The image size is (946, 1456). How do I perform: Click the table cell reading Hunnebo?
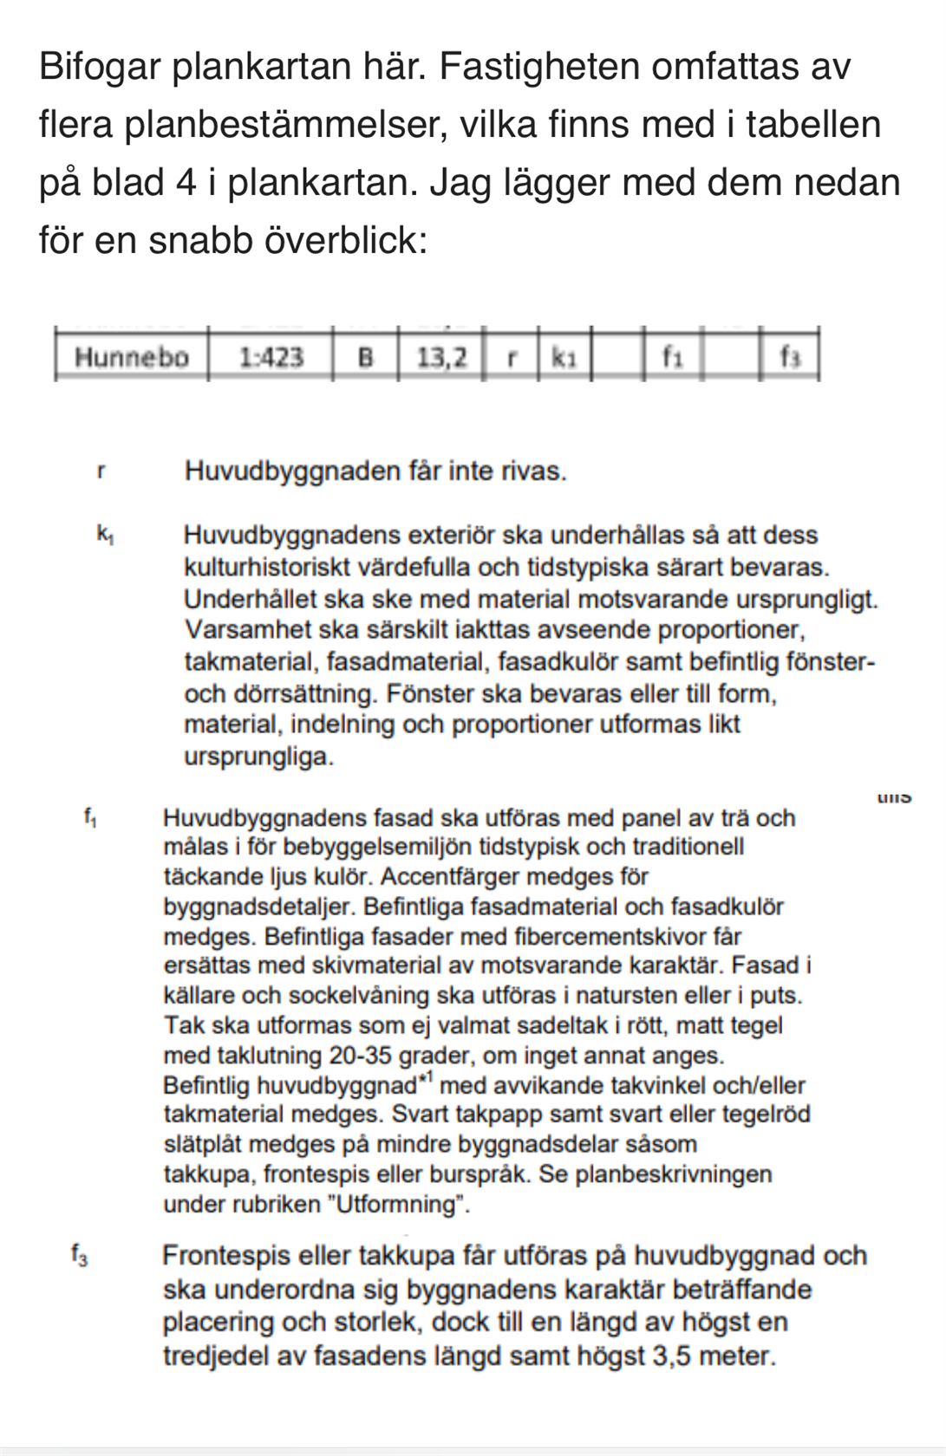pos(131,357)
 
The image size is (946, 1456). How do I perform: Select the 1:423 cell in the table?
pos(271,357)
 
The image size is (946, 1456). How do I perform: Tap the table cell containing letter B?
pos(365,357)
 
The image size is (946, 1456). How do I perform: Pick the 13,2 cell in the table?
pos(441,357)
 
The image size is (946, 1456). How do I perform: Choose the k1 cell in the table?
pos(564,357)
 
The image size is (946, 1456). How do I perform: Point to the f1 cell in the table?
pos(672,356)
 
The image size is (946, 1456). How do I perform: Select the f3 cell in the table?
pos(789,356)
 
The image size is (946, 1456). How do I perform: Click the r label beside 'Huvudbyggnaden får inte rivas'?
pos(101,472)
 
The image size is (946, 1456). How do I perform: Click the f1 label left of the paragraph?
pos(90,816)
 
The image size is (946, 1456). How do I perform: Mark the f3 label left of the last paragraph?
pos(79,1254)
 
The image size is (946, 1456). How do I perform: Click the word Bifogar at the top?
pos(101,67)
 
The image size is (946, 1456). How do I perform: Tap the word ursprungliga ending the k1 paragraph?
pos(258,757)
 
